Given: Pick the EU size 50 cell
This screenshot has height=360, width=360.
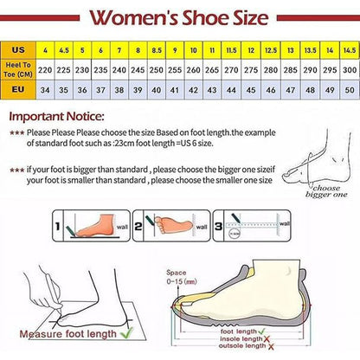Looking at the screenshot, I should tap(350, 88).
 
